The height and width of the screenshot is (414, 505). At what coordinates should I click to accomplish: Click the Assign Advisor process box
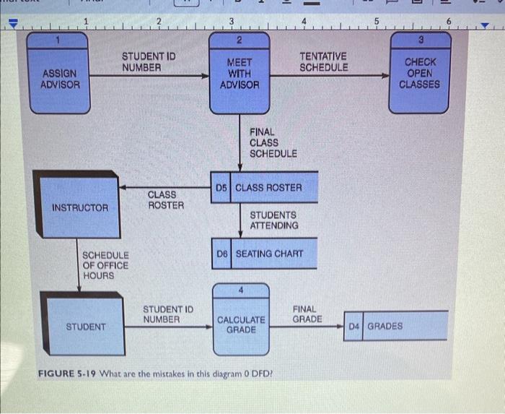coord(59,78)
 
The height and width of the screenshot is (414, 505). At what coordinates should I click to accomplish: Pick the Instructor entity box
coord(80,208)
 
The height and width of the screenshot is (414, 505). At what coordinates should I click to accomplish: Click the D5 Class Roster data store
coord(264,187)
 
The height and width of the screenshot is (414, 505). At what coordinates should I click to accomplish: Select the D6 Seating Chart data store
coord(264,254)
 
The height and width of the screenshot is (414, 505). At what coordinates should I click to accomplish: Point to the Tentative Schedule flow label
coord(323,61)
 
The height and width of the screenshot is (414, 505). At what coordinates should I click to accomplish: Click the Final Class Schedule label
coord(273,142)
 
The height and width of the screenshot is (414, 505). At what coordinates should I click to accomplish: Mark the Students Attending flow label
coord(273,220)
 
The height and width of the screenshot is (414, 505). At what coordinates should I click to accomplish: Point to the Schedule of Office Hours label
coord(105,265)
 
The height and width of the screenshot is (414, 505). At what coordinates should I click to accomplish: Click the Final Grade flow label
coord(307,314)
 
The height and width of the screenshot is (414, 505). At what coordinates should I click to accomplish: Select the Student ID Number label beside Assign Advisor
coord(148,61)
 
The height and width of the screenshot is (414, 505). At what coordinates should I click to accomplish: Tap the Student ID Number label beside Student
coord(167,314)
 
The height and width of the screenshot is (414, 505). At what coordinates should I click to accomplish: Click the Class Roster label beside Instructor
coord(165,199)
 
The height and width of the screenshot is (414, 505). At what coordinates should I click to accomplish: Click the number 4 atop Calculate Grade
coord(241,290)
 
